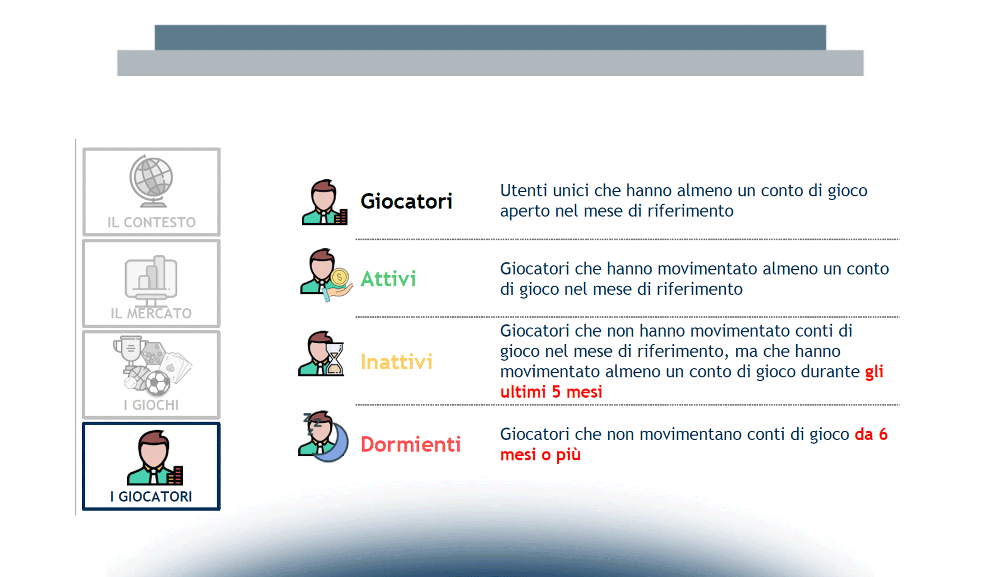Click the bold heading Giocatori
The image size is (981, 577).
click(406, 201)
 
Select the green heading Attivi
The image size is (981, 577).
click(388, 279)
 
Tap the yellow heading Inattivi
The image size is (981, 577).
click(396, 362)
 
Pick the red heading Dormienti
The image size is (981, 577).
click(411, 444)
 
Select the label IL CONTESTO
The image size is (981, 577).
click(151, 223)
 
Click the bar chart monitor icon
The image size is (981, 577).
click(151, 279)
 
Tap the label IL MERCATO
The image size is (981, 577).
click(151, 314)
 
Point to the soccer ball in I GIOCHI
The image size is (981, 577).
click(158, 384)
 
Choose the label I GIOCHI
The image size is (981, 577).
click(151, 405)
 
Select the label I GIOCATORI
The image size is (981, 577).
click(151, 496)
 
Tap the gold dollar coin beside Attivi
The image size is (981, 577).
click(340, 277)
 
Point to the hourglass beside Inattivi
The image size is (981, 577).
click(335, 358)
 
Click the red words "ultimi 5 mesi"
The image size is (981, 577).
click(551, 392)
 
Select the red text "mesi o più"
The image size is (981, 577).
click(541, 454)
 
